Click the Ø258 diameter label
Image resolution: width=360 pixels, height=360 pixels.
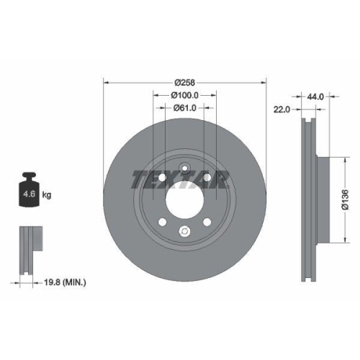185,82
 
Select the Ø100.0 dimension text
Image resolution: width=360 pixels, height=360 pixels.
185,95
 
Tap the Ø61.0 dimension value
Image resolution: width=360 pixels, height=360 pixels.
185,108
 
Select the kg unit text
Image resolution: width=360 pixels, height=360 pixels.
47,194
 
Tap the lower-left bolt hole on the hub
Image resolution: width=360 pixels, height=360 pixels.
163,222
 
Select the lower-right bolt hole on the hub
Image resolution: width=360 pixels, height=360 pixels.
207,222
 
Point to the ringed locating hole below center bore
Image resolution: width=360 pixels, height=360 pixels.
185,231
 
